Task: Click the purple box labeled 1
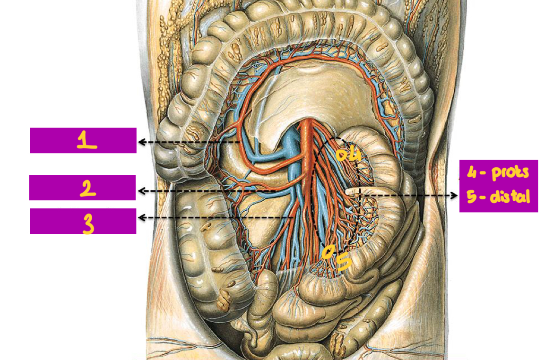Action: [x=83, y=140]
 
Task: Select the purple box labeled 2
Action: [x=83, y=188]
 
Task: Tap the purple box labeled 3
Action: [x=83, y=221]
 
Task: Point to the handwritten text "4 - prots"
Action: [x=498, y=173]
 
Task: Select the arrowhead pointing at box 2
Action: [x=140, y=191]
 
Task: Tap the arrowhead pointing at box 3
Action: [x=140, y=218]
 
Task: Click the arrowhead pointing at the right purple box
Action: [x=455, y=195]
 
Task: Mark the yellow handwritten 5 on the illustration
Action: [x=344, y=261]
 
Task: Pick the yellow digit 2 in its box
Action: [x=88, y=188]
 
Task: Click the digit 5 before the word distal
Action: [x=472, y=196]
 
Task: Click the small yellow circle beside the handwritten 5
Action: [x=327, y=253]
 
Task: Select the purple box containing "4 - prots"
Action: [x=499, y=186]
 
